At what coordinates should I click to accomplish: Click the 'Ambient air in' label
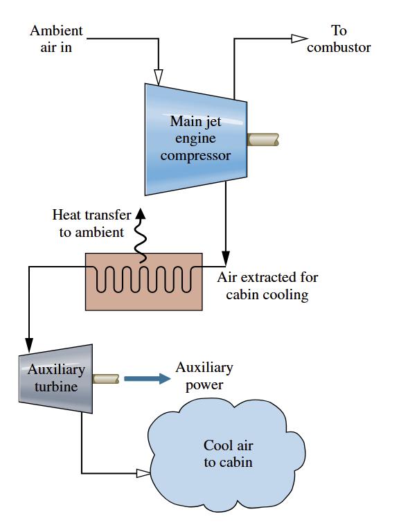point(56,39)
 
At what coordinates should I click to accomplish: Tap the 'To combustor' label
point(339,39)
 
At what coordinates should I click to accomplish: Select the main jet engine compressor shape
point(196,139)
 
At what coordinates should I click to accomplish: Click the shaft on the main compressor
point(263,139)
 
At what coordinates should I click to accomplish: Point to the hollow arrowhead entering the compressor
point(159,77)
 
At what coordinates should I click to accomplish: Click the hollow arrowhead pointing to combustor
point(299,39)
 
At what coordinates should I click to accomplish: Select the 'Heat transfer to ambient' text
point(91,224)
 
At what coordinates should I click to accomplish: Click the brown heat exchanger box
point(144,281)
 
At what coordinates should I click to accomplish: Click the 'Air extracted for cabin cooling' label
point(267,286)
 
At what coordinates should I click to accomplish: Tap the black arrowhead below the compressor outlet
point(226,258)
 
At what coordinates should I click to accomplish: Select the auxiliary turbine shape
point(55,379)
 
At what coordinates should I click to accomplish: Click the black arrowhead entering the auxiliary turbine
point(29,345)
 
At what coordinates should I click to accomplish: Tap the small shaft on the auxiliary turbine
point(106,379)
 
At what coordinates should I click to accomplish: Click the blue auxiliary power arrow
point(147,379)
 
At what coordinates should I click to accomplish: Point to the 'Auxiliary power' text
point(204,376)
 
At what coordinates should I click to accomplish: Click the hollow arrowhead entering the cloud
point(144,473)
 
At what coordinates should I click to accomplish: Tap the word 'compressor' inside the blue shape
point(195,155)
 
